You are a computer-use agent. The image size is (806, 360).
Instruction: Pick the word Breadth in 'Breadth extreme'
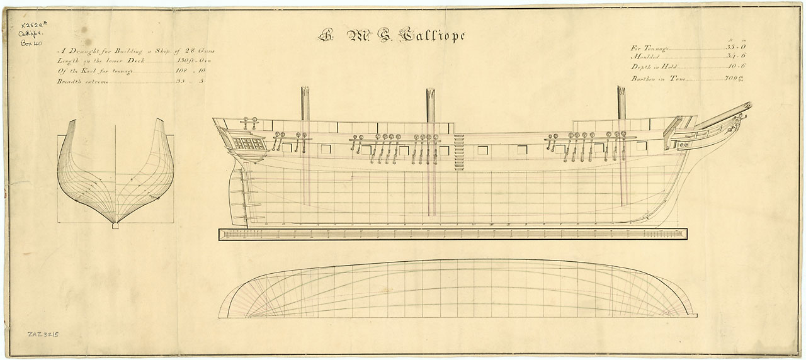click(71, 81)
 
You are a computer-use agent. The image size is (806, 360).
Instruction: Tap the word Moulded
click(645, 57)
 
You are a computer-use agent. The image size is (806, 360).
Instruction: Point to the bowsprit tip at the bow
click(748, 105)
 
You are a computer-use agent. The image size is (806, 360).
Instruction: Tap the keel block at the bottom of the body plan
click(115, 226)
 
